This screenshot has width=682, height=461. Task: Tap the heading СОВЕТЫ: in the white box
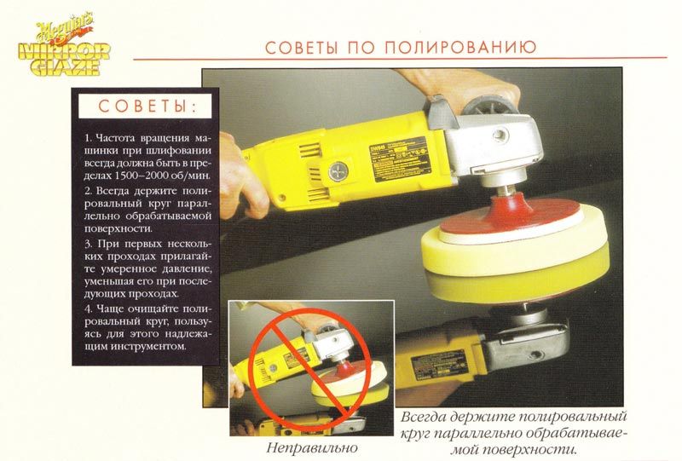pyautogui.click(x=147, y=107)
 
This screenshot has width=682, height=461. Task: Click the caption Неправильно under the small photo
pyautogui.click(x=312, y=447)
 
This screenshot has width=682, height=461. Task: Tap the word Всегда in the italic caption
pyautogui.click(x=423, y=417)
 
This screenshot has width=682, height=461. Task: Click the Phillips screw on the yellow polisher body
pyautogui.click(x=338, y=172)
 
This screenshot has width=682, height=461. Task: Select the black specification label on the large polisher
pyautogui.click(x=399, y=160)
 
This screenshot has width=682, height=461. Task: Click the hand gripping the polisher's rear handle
pyautogui.click(x=240, y=177)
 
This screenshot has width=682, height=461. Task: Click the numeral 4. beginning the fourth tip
pyautogui.click(x=89, y=309)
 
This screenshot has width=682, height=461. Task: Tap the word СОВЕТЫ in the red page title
pyautogui.click(x=301, y=47)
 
